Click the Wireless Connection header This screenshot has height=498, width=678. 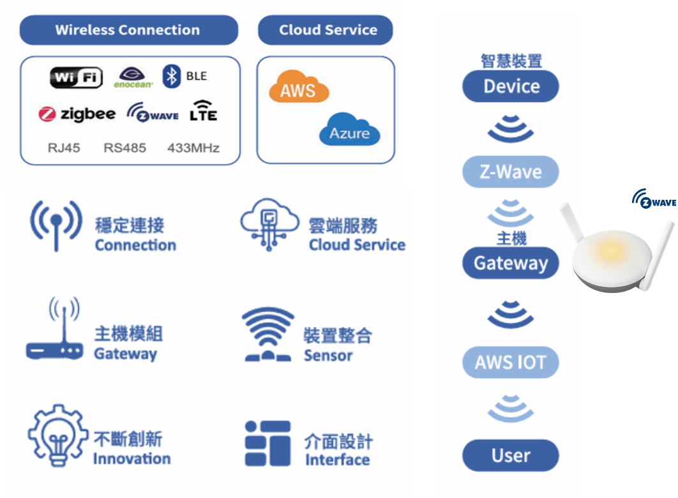(x=128, y=30)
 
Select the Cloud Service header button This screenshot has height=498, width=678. (x=326, y=30)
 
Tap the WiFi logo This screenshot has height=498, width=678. (x=76, y=78)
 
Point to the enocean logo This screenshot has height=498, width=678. (x=133, y=77)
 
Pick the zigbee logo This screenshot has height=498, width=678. (x=77, y=114)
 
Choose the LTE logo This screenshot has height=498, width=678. (x=204, y=112)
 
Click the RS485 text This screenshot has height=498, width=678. (x=124, y=148)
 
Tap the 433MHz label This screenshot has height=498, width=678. (x=193, y=148)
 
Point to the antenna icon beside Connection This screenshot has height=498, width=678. (x=56, y=224)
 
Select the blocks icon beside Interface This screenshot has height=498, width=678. (x=267, y=443)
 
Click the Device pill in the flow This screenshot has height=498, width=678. (x=511, y=87)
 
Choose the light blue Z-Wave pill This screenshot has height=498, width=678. (x=511, y=172)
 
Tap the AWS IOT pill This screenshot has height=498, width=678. (x=511, y=363)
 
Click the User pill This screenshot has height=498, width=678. (x=511, y=455)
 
